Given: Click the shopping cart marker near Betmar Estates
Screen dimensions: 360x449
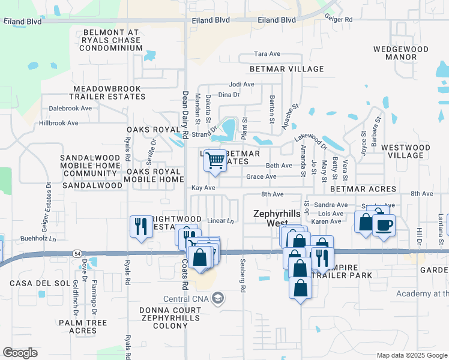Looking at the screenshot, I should pyautogui.click(x=215, y=161).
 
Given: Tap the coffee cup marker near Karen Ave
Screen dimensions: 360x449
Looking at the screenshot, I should pyautogui.click(x=384, y=226).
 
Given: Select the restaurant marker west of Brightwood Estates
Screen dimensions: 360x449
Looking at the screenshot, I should pyautogui.click(x=140, y=226).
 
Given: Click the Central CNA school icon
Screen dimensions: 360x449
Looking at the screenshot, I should pyautogui.click(x=218, y=298).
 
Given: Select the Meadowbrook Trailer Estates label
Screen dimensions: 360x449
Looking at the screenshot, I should pyautogui.click(x=106, y=92).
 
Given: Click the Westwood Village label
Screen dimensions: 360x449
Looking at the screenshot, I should pyautogui.click(x=405, y=151).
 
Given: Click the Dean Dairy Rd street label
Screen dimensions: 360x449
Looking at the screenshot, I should pyautogui.click(x=185, y=115).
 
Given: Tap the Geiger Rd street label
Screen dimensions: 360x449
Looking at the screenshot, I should pyautogui.click(x=340, y=19).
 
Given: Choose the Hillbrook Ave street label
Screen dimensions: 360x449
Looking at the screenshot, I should pyautogui.click(x=58, y=123).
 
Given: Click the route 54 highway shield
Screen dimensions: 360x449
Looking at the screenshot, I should pyautogui.click(x=78, y=254).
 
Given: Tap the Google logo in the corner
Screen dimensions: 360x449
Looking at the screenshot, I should pyautogui.click(x=20, y=353).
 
